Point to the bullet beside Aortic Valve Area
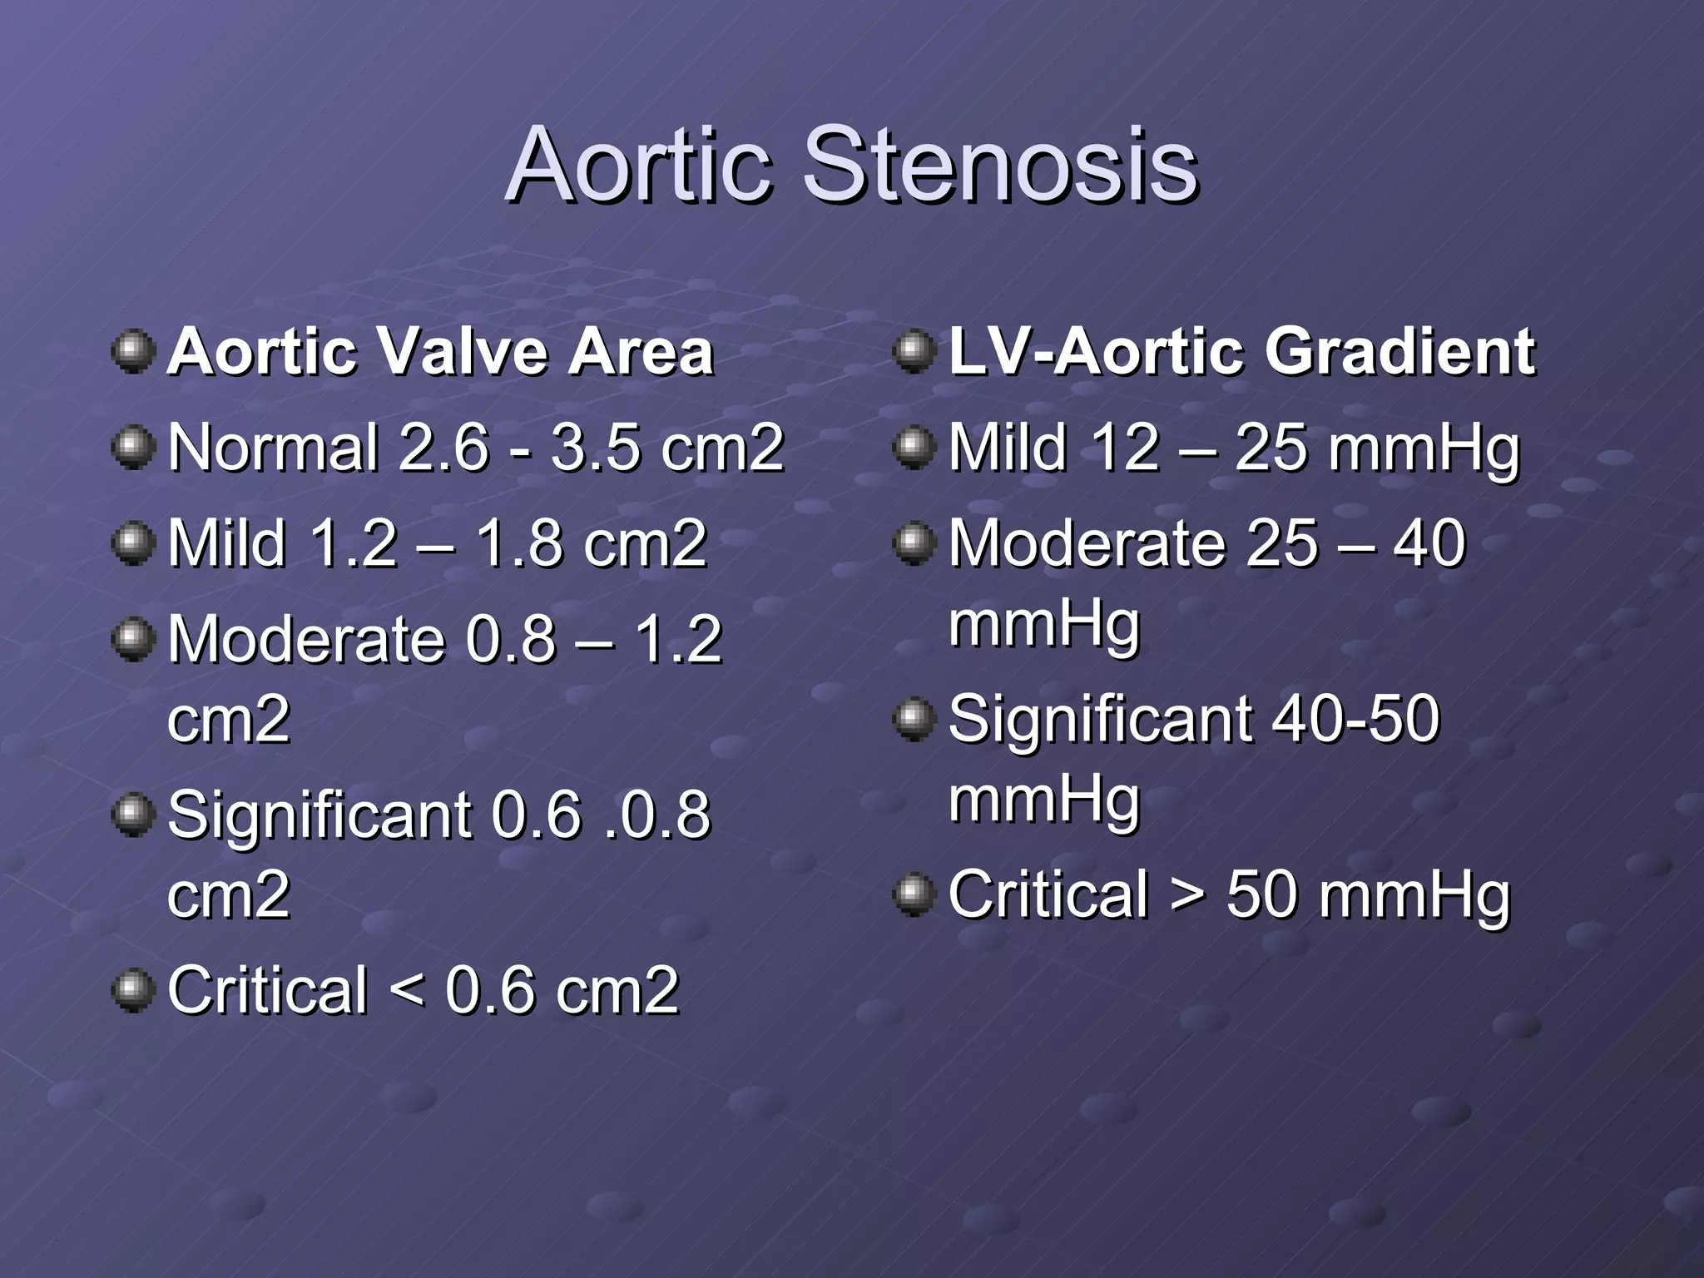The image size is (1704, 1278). (x=133, y=352)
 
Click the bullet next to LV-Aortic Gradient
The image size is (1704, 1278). (x=914, y=352)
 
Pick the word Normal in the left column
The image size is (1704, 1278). (x=273, y=448)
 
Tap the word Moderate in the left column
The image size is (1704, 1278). (x=306, y=639)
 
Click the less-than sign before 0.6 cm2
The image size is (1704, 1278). (x=406, y=990)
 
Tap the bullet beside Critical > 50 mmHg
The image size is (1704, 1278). (x=914, y=895)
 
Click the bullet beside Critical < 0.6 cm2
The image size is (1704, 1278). (x=133, y=990)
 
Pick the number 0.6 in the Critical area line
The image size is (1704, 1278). (x=489, y=990)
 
